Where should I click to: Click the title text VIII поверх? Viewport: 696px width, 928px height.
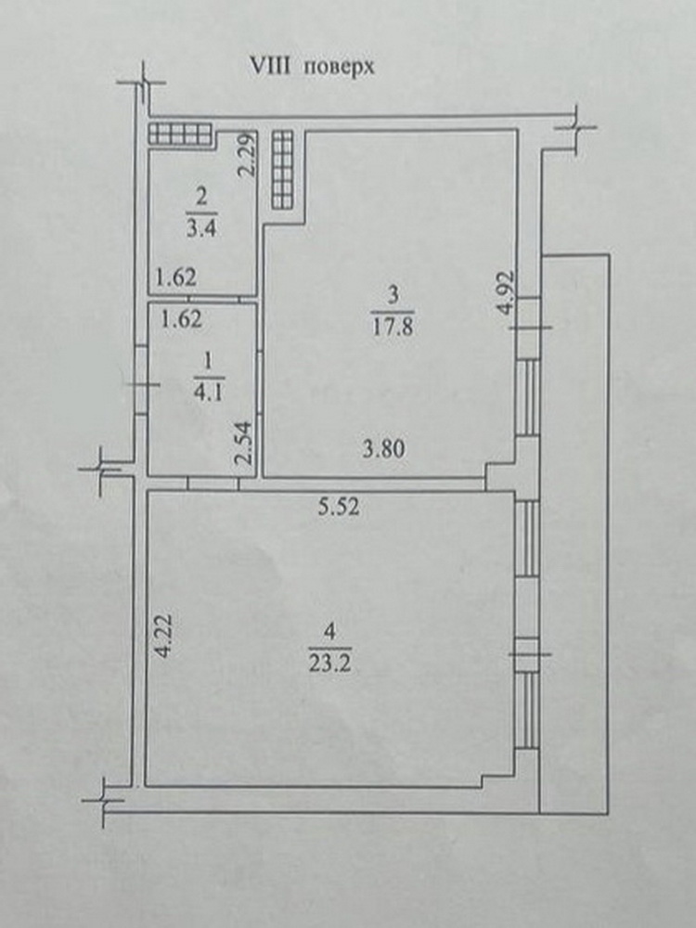tap(312, 67)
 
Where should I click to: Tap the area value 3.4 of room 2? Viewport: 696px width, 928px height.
tap(201, 228)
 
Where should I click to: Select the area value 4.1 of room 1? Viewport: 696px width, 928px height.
tap(210, 392)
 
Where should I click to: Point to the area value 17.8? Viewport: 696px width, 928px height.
tap(393, 328)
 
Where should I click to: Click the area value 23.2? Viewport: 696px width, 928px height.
tap(330, 664)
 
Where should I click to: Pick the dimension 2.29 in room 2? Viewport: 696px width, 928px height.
tap(247, 154)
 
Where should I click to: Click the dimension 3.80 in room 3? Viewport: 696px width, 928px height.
tap(384, 449)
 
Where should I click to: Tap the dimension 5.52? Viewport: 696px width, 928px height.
tap(338, 508)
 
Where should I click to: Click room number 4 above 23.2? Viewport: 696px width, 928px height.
tap(330, 632)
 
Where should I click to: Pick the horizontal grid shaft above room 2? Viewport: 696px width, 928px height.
tap(180, 134)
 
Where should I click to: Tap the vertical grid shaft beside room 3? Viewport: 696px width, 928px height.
tap(282, 169)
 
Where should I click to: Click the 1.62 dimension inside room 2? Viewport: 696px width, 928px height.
tap(175, 277)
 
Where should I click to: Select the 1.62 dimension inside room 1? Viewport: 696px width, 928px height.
tap(182, 319)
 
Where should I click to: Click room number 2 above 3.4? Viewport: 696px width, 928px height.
tap(201, 197)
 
